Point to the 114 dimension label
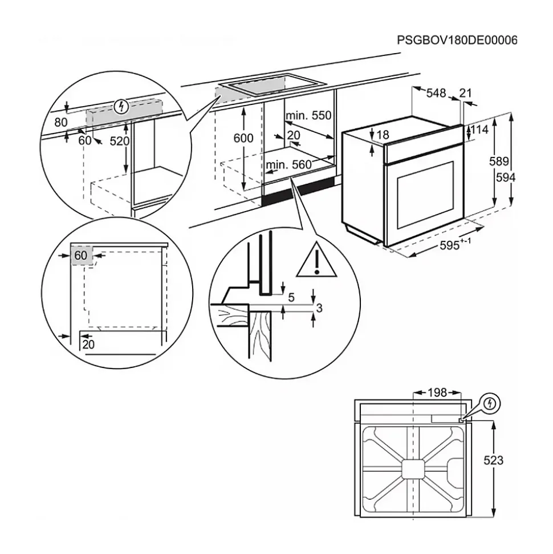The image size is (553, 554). (480, 130)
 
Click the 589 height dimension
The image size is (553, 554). (498, 161)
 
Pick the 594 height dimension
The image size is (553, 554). (505, 178)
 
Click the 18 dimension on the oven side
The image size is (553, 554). (383, 135)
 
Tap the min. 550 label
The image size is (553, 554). (308, 116)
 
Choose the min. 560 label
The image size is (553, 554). (288, 165)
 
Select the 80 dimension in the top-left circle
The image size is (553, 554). (61, 122)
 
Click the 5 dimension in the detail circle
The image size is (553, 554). (291, 297)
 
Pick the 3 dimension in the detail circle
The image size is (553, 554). (319, 309)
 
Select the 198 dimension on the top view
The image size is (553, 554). (437, 393)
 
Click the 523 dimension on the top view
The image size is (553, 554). (493, 460)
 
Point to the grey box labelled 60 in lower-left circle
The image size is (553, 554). (81, 256)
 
